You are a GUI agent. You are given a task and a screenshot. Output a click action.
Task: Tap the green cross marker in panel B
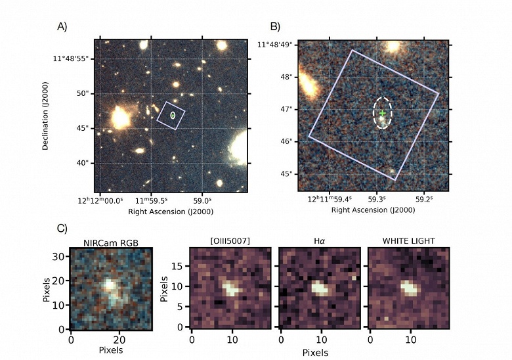point(383,114)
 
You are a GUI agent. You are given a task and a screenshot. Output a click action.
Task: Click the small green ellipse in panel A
point(173,116)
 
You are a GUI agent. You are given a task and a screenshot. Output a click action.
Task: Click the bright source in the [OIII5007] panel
point(230,288)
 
